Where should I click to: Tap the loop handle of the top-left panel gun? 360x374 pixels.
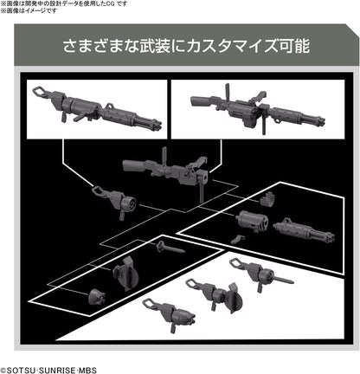(40, 92)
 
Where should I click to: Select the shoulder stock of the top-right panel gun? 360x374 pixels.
(201, 102)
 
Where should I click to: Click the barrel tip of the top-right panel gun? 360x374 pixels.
(320, 120)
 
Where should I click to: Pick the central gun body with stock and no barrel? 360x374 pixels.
(166, 171)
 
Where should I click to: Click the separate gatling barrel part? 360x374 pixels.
(304, 231)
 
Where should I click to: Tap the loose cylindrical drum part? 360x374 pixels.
(252, 221)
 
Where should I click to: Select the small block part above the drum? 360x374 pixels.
(267, 199)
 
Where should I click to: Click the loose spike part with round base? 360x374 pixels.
(170, 248)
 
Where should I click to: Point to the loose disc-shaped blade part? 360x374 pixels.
(125, 274)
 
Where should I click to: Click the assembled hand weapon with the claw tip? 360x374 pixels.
(170, 313)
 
